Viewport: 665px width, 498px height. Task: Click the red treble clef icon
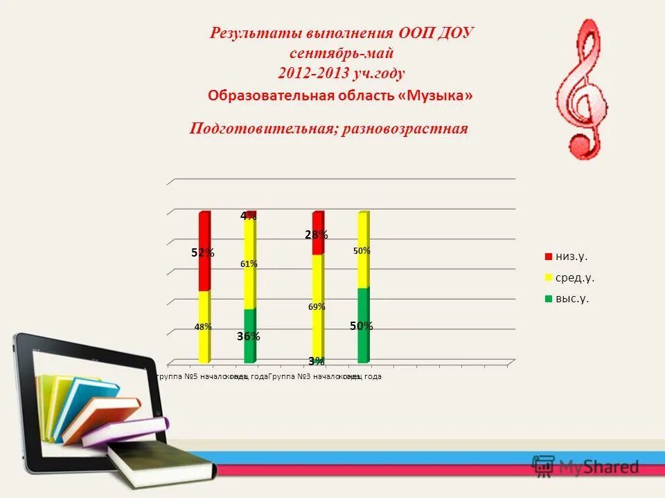(x=583, y=90)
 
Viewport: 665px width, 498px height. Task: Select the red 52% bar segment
(x=204, y=251)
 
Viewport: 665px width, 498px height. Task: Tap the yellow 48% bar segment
(x=204, y=326)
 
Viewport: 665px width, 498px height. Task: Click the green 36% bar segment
(x=249, y=335)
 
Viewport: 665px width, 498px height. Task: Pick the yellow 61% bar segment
(x=249, y=264)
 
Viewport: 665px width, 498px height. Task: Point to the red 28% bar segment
(x=317, y=233)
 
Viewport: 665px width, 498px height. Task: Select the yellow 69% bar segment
(x=317, y=306)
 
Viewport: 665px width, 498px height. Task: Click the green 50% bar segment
(x=362, y=325)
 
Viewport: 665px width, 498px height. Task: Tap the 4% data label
(x=247, y=216)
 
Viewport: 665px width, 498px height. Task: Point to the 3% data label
(x=316, y=360)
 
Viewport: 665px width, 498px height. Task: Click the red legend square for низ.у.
(x=548, y=257)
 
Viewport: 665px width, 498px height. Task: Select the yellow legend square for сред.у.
(x=548, y=278)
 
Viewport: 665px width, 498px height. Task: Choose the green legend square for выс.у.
(x=548, y=299)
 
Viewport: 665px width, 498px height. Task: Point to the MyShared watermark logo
(x=585, y=466)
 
